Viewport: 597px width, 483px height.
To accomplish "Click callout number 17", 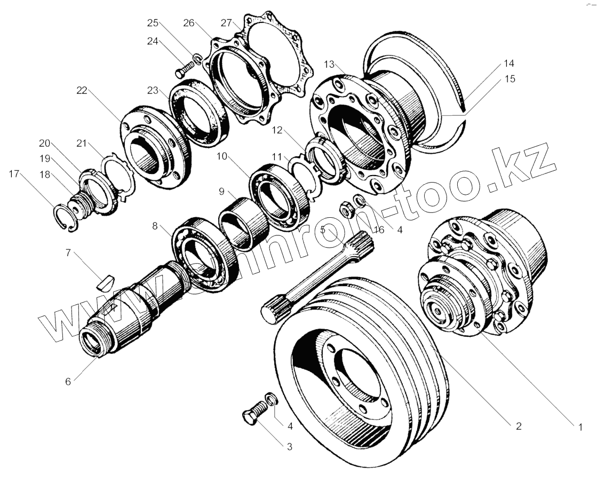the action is (14, 173).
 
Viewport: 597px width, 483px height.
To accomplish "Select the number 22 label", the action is (81, 91).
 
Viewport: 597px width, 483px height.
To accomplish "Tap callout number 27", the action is (226, 22).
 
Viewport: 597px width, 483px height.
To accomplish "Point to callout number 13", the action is (329, 65).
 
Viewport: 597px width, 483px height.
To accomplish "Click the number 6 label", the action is (68, 382).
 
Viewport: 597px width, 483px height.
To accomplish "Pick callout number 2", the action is (517, 426).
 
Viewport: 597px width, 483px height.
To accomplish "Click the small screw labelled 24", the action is (184, 68).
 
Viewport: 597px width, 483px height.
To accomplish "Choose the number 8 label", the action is (155, 226).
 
